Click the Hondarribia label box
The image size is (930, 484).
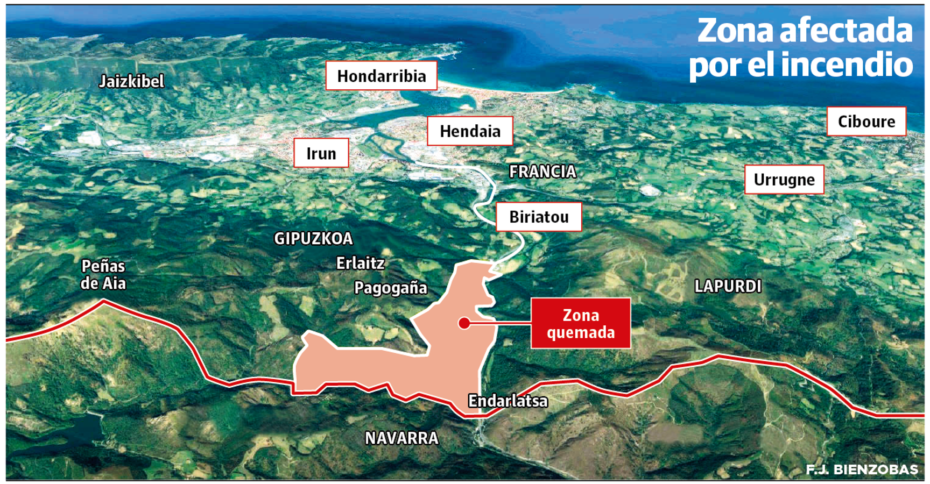coord(381,76)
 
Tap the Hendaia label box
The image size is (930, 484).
coord(470,131)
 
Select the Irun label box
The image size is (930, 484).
coord(321,153)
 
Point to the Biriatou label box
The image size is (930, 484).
coord(539,217)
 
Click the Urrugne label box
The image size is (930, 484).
coord(784,180)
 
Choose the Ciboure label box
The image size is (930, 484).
coord(866,122)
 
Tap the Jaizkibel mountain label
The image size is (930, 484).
coord(131,81)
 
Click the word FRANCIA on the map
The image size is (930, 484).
coord(542,172)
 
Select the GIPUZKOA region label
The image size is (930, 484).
coord(313,238)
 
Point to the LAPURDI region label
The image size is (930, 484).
coord(728,286)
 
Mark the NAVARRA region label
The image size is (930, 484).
coord(401,438)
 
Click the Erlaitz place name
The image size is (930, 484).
coord(360,263)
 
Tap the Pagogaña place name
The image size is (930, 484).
coord(390,288)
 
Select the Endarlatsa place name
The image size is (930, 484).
coord(508,401)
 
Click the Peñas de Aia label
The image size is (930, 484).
coord(103,275)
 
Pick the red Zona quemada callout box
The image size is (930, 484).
coord(581,323)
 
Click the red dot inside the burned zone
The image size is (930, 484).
coord(464,323)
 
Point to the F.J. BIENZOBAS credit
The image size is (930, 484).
coord(862,469)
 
